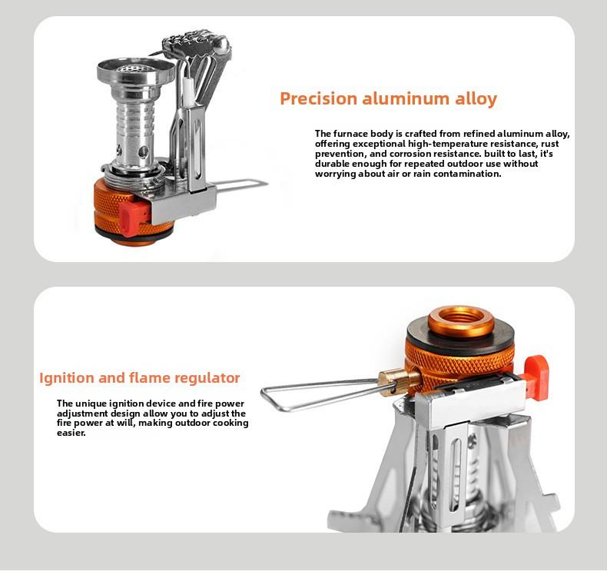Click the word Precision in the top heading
(x=319, y=99)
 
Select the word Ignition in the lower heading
(x=67, y=378)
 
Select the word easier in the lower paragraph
(x=71, y=433)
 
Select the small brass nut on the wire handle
(x=390, y=379)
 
